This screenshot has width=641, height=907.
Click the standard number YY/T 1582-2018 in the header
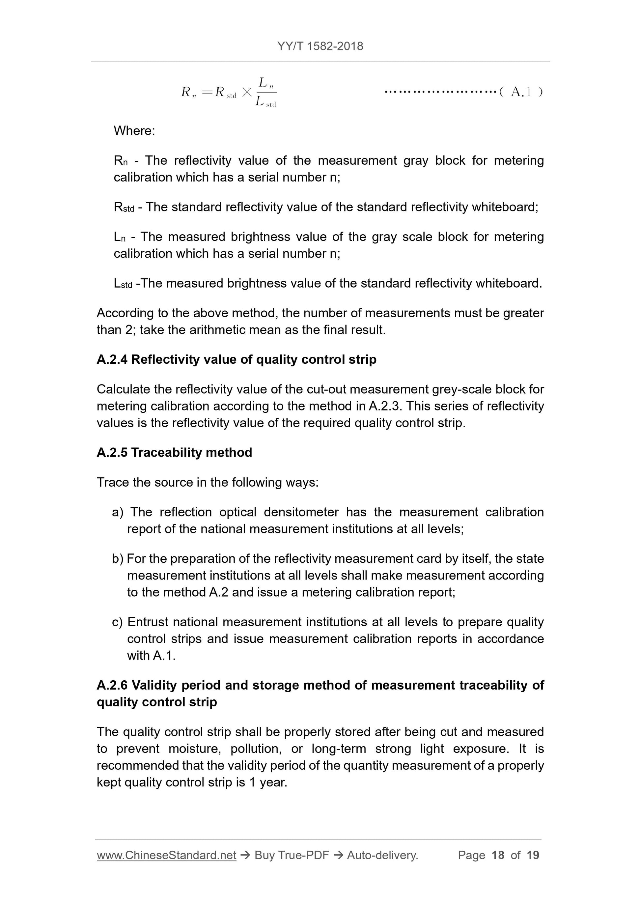click(x=320, y=46)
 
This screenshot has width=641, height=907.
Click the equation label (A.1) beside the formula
click(x=521, y=92)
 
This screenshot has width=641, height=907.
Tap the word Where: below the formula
click(x=134, y=130)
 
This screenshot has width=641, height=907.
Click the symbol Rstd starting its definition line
click(x=124, y=207)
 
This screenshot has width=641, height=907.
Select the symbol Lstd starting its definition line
click(x=123, y=283)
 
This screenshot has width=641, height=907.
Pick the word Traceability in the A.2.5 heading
click(x=166, y=452)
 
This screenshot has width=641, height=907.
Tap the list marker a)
click(x=117, y=512)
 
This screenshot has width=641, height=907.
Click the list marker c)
click(x=117, y=622)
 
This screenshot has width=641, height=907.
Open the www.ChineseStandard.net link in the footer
click(x=166, y=855)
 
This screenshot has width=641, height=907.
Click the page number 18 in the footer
click(x=498, y=855)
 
